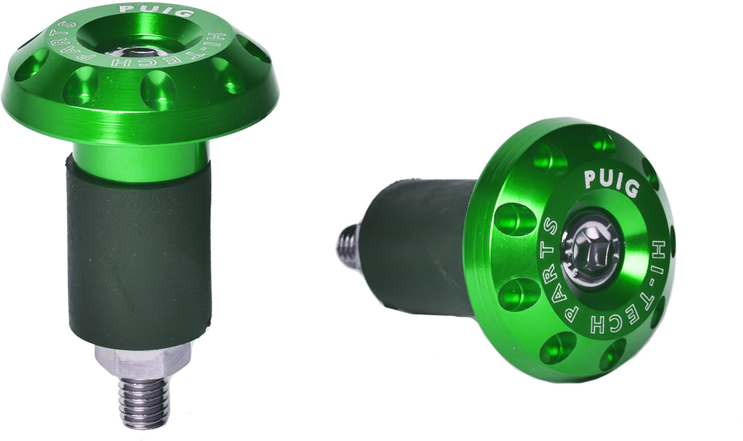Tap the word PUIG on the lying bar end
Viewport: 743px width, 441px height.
click(x=612, y=182)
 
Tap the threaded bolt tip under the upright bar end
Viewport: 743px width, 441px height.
click(x=143, y=403)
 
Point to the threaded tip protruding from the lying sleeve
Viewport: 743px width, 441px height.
click(x=349, y=245)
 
